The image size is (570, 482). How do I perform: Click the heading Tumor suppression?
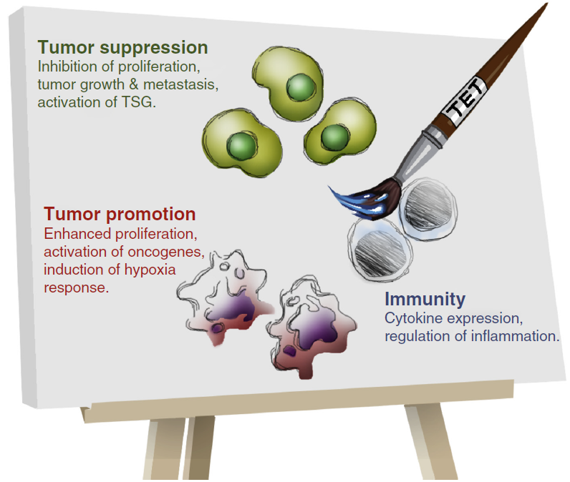pyautogui.click(x=123, y=47)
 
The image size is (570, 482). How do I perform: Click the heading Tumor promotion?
pyautogui.click(x=120, y=214)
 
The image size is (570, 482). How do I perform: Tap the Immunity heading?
pyautogui.click(x=425, y=300)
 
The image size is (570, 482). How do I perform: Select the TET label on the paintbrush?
pyautogui.click(x=465, y=99)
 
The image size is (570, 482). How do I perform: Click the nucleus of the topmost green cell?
pyautogui.click(x=300, y=87)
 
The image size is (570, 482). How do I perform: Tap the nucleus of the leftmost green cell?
pyautogui.click(x=241, y=146)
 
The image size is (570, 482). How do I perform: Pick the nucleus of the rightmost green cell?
pyautogui.click(x=335, y=137)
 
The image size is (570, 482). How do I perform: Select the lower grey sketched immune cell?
pyautogui.click(x=380, y=250)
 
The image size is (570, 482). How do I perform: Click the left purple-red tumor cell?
pyautogui.click(x=225, y=296)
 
